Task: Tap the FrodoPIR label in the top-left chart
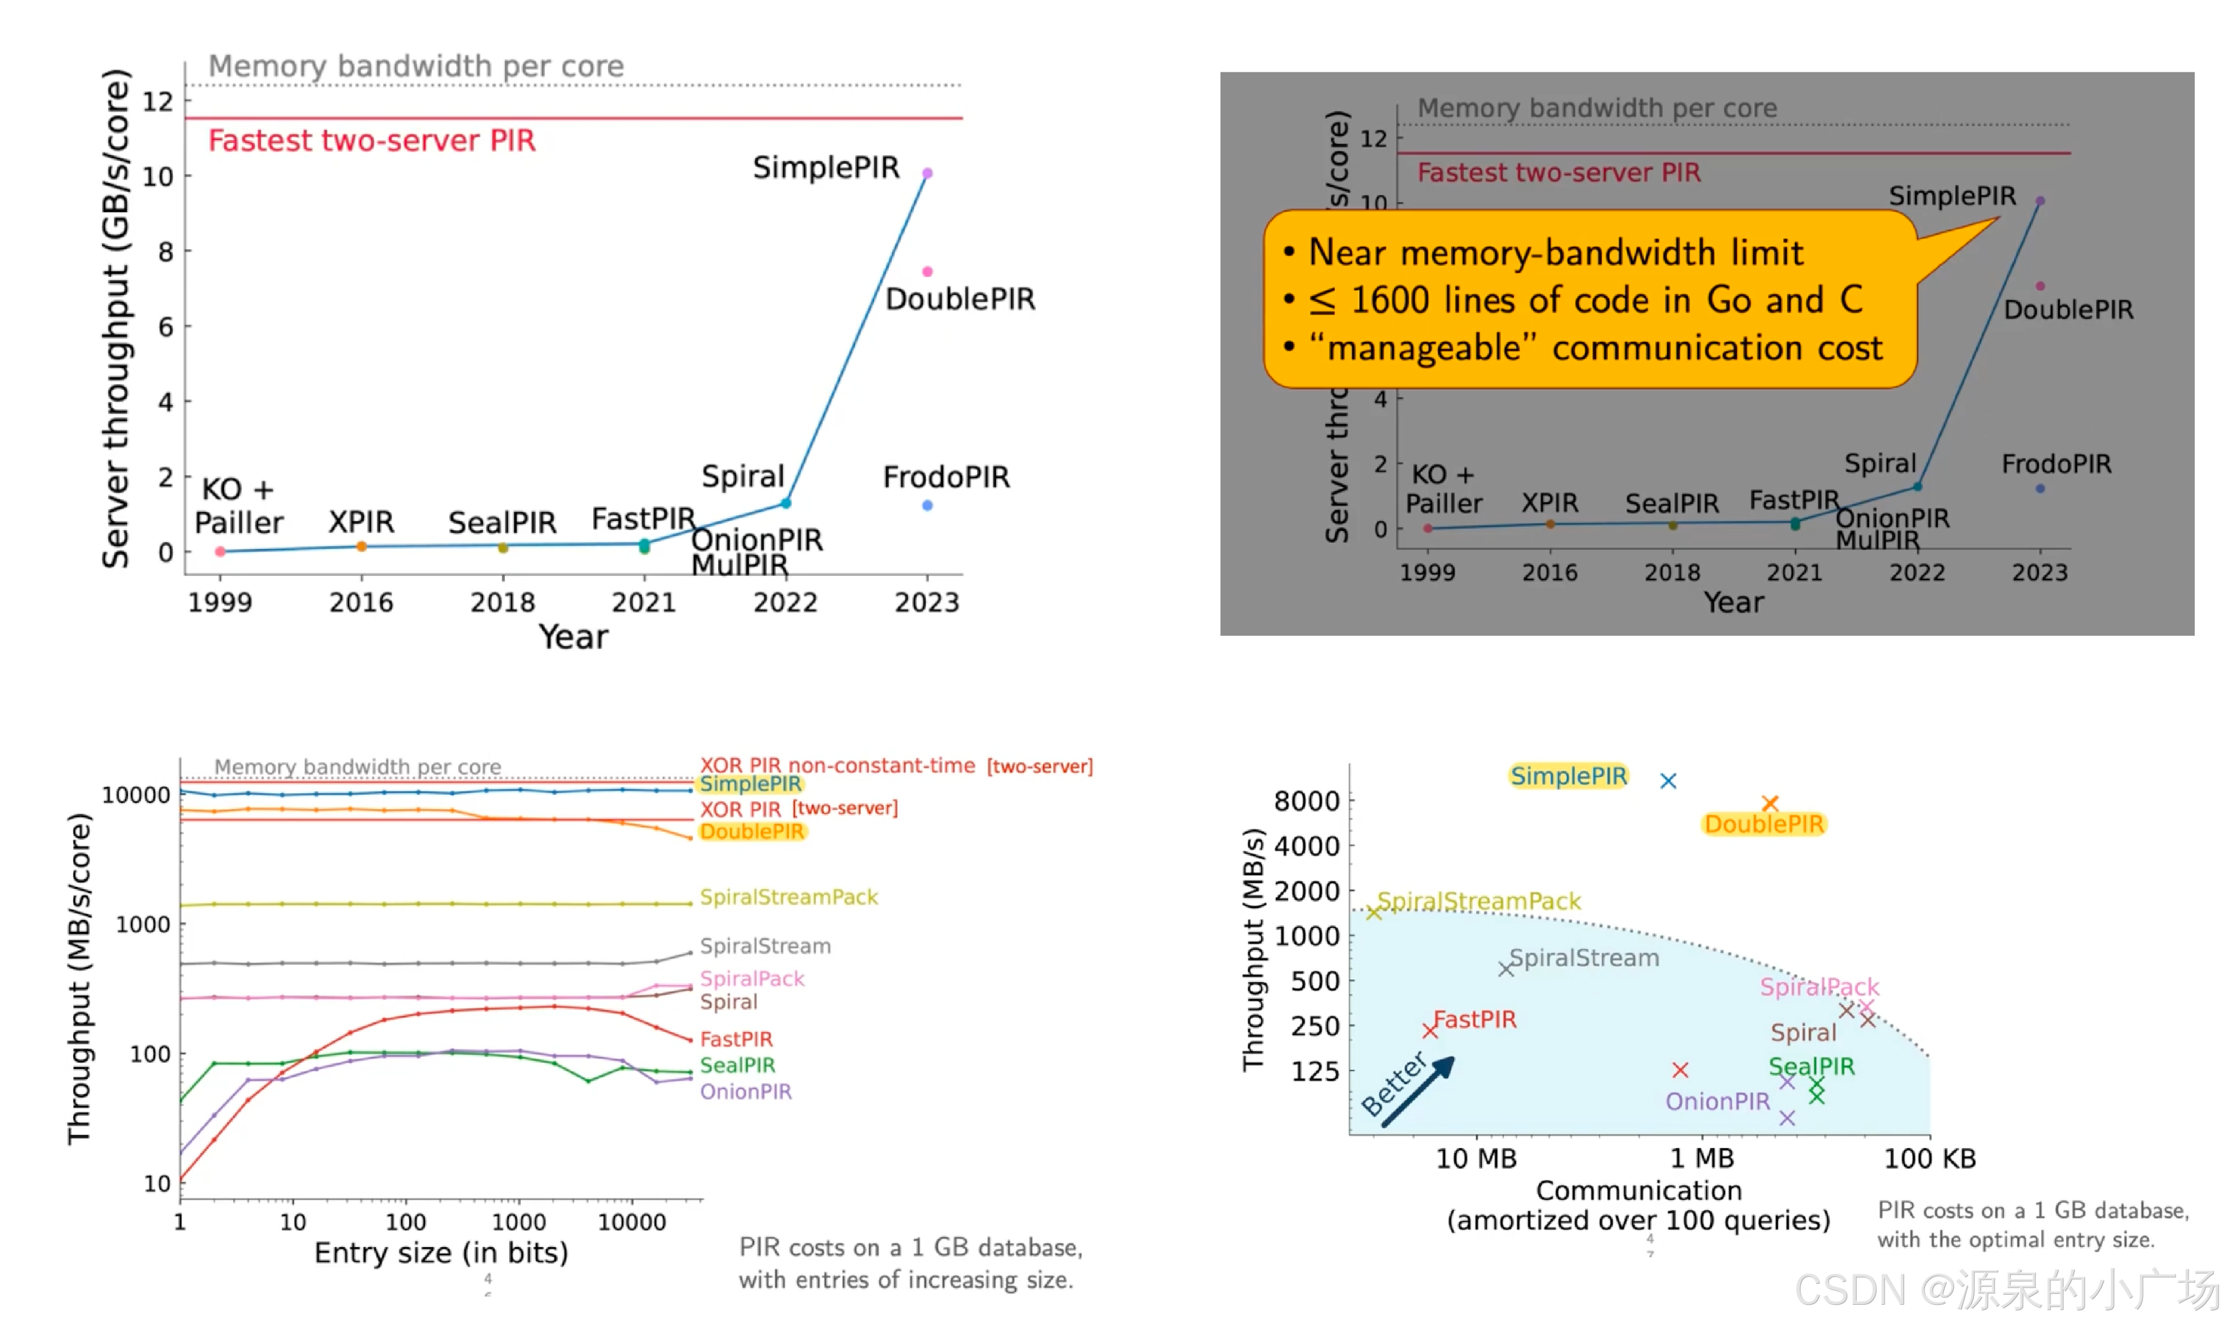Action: click(946, 477)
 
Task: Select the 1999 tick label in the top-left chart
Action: click(220, 602)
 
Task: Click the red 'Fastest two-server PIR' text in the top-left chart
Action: click(371, 140)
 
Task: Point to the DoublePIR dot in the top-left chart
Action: click(927, 271)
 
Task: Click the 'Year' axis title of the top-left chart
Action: click(572, 637)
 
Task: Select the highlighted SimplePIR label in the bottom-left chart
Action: click(750, 784)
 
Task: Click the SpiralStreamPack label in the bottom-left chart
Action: click(789, 897)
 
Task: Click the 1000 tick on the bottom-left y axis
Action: click(143, 925)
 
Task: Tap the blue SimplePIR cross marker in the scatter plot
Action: click(1668, 781)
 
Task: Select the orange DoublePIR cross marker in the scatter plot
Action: click(1770, 803)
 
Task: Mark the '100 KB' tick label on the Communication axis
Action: click(1929, 1159)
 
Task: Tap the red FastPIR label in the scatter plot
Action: click(1475, 1020)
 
